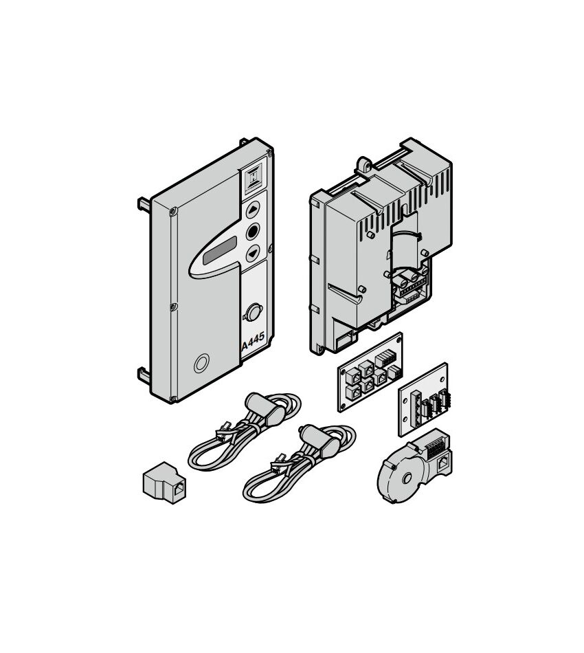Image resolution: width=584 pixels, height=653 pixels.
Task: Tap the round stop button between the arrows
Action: pos(253,232)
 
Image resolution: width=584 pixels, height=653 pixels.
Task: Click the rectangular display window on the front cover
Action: pos(220,251)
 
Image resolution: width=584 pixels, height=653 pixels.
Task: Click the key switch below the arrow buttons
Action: pos(252,312)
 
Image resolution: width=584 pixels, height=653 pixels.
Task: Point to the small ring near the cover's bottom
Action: pos(201,364)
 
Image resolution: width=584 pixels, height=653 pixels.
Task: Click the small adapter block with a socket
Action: pos(164,483)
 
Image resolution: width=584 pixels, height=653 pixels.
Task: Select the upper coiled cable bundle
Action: pos(245,432)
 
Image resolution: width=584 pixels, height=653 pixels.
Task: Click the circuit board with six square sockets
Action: pos(370,372)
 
